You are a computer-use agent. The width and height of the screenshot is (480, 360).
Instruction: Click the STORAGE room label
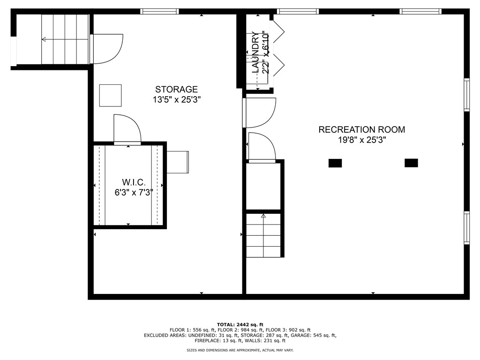point(176,90)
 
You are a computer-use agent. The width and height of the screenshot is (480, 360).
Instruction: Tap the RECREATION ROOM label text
point(361,130)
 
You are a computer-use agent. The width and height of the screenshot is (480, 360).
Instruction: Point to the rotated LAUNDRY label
point(255,52)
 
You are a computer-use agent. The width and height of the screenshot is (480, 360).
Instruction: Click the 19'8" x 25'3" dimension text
point(361,140)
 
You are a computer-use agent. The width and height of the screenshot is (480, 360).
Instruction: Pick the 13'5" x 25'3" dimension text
point(176,99)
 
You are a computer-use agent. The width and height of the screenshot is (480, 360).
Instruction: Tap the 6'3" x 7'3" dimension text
point(134,192)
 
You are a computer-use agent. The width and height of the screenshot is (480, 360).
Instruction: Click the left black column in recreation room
point(335,163)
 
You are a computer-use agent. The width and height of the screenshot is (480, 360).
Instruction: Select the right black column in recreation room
point(411,163)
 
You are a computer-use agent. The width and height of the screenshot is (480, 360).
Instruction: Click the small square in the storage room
point(110,95)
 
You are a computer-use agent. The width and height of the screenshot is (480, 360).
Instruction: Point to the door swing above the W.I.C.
point(127,129)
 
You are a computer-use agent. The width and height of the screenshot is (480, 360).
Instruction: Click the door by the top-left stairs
point(106,49)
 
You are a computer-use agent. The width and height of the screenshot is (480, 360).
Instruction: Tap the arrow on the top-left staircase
point(44,39)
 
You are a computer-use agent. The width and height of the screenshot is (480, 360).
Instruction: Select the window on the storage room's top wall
point(159,11)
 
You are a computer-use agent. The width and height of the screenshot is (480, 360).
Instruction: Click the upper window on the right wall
point(466,94)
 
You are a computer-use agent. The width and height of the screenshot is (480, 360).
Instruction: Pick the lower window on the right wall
point(466,228)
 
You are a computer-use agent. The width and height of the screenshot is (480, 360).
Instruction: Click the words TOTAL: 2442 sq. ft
point(240,324)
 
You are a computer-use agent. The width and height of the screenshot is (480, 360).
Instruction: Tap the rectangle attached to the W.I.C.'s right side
point(178,162)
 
